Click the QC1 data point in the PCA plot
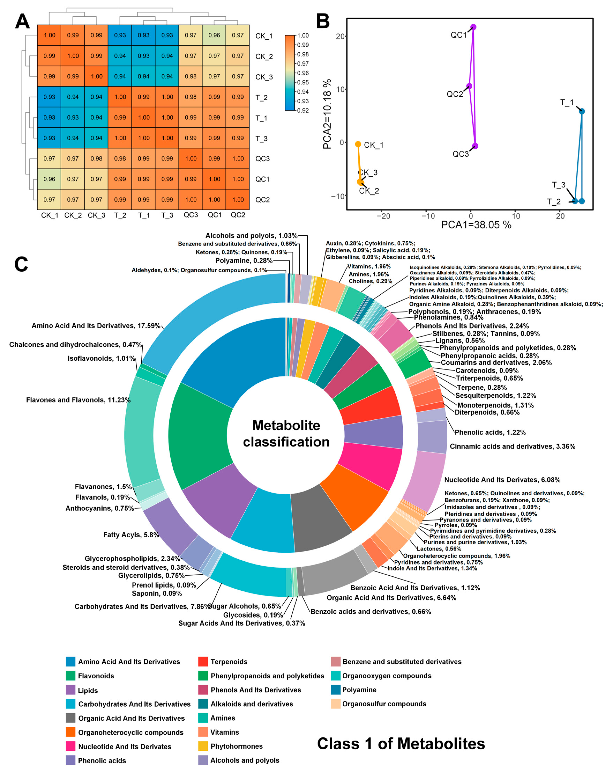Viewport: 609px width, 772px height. click(x=473, y=27)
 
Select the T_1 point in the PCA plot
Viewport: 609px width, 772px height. click(x=582, y=111)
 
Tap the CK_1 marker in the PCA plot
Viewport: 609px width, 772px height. click(x=358, y=144)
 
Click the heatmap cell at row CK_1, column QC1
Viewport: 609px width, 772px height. click(x=214, y=35)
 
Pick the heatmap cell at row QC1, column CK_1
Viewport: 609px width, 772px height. click(x=49, y=179)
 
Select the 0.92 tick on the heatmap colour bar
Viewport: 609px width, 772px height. click(x=303, y=110)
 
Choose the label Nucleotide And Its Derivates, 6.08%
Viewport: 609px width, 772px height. click(x=502, y=480)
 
